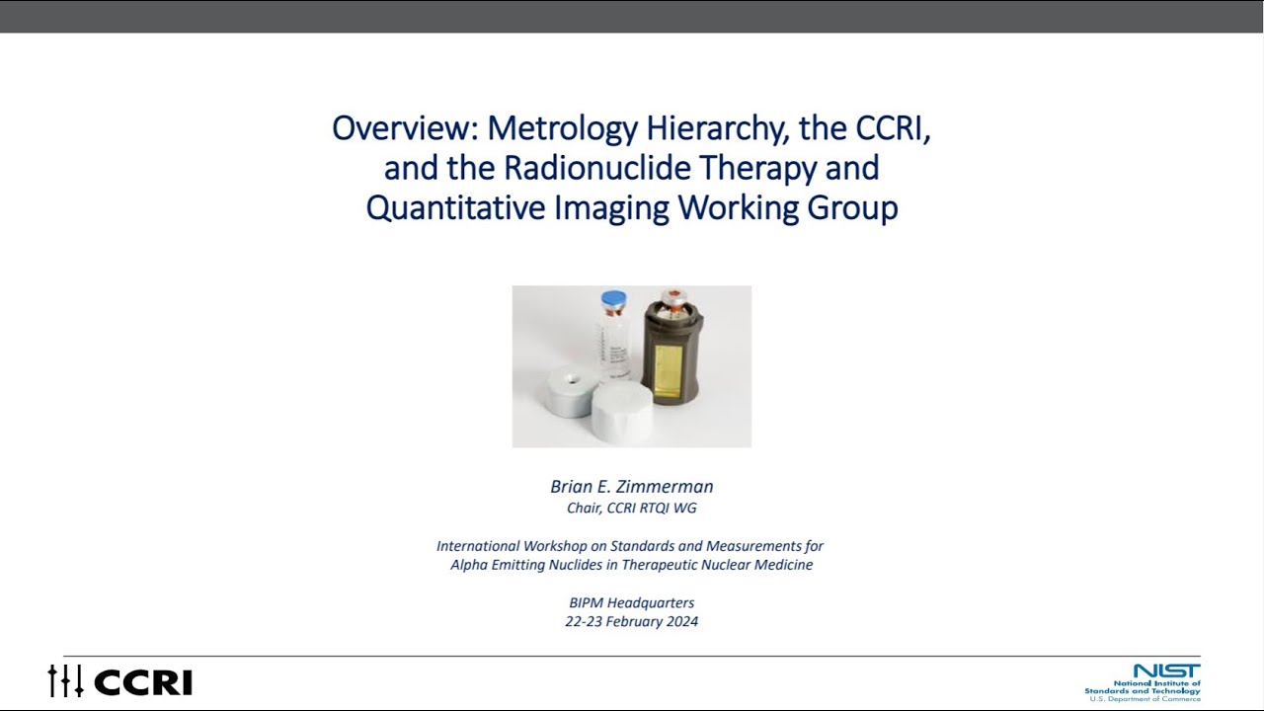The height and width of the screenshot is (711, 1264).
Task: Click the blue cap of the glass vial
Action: click(613, 298)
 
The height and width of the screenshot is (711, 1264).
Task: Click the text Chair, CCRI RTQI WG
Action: click(632, 509)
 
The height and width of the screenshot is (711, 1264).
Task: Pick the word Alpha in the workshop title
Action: click(469, 565)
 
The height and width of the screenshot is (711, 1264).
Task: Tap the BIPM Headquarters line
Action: click(632, 602)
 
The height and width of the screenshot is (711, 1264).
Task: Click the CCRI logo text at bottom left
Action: click(143, 682)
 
